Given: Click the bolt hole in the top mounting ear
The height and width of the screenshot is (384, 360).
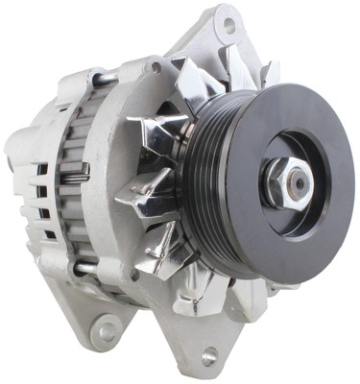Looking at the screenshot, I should click(228, 24).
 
